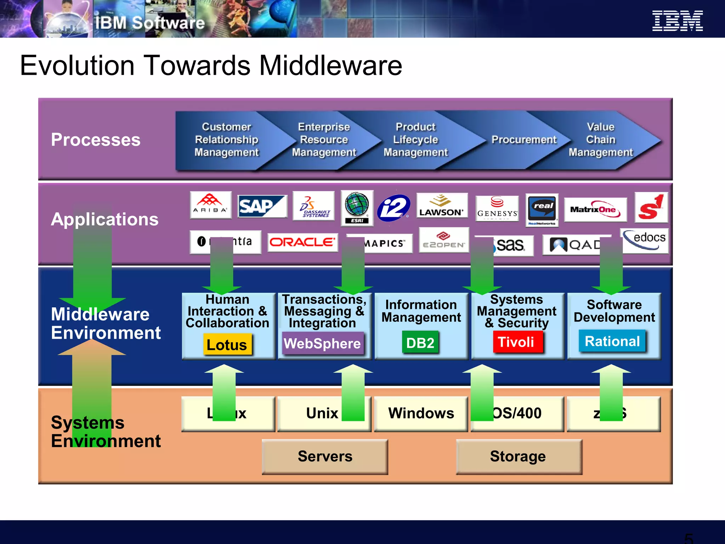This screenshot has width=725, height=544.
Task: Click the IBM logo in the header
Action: pyautogui.click(x=677, y=21)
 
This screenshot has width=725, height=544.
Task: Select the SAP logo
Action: pyautogui.click(x=262, y=206)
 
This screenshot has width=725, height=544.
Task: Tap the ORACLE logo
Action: pyautogui.click(x=302, y=242)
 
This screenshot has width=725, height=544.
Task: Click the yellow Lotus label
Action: pyautogui.click(x=227, y=344)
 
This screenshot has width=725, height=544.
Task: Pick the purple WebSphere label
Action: pyautogui.click(x=322, y=343)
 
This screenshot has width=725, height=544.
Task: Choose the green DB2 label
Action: pyautogui.click(x=420, y=342)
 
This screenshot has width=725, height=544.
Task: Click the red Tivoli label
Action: pyautogui.click(x=516, y=342)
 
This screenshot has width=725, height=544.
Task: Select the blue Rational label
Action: pyautogui.click(x=612, y=341)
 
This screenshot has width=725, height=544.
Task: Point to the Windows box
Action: pyautogui.click(x=421, y=413)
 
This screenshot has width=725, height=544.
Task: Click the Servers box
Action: pyautogui.click(x=325, y=456)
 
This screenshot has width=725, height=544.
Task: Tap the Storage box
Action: pyautogui.click(x=518, y=456)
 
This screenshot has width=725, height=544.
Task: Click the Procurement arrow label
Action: pyautogui.click(x=524, y=140)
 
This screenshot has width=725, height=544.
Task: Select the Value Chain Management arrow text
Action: pyautogui.click(x=601, y=140)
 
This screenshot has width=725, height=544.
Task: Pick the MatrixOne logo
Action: pyautogui.click(x=595, y=209)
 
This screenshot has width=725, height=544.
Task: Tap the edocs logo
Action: pyautogui.click(x=645, y=240)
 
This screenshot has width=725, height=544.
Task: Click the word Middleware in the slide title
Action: pyautogui.click(x=331, y=66)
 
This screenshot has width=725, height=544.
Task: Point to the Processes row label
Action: pyautogui.click(x=96, y=140)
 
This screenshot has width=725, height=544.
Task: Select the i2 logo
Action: pyautogui.click(x=393, y=208)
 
